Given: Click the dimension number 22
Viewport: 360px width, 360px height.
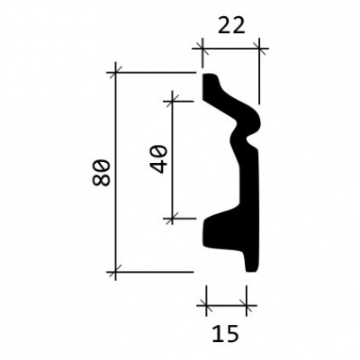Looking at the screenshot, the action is click(231, 26).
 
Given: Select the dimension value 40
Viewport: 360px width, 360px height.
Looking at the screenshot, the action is click(158, 158).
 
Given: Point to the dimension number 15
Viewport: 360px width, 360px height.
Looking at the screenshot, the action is click(226, 333).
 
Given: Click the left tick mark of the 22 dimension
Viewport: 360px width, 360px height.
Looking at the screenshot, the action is click(202, 49).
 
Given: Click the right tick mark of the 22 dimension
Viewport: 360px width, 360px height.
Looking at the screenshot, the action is click(259, 49).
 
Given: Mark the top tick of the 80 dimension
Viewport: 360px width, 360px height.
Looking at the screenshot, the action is click(115, 72).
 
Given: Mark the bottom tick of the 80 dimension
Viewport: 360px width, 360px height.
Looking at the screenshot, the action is click(115, 272).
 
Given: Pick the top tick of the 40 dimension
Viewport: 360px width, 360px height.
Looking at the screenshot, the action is click(172, 102).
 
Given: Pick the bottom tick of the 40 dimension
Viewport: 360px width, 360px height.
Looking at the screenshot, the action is click(172, 219).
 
